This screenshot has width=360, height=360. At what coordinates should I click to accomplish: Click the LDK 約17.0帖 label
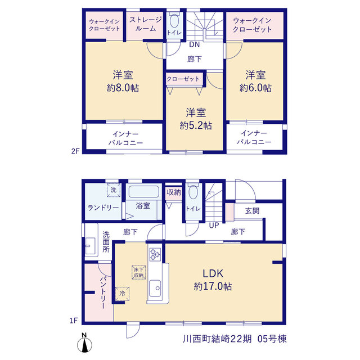[213, 280]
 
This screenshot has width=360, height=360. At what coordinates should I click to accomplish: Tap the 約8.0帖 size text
[123, 88]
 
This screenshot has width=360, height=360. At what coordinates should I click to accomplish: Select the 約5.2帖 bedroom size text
[196, 125]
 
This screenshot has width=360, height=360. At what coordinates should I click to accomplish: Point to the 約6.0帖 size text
[255, 88]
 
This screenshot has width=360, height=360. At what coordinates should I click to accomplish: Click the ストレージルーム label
[146, 24]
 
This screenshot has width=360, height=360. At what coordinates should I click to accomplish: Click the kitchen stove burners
[155, 254]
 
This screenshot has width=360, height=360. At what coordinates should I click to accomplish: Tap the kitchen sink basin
[155, 289]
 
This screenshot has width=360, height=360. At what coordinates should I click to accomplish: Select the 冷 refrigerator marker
[123, 294]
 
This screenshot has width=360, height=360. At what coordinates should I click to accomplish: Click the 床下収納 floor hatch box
[139, 272]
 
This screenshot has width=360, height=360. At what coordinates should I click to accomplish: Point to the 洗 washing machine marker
[114, 190]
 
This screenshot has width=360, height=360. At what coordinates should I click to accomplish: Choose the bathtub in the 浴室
[144, 191]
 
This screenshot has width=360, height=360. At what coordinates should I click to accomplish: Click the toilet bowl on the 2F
[174, 21]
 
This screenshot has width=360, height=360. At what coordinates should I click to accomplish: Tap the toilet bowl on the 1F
[193, 192]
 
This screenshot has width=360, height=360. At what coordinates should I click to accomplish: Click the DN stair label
[194, 44]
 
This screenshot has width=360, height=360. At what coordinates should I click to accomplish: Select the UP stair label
[214, 226]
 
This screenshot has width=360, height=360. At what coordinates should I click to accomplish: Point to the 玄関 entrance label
[252, 210]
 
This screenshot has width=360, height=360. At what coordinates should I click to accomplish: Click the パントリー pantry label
[103, 292]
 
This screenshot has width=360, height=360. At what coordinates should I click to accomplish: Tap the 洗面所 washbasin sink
[90, 246]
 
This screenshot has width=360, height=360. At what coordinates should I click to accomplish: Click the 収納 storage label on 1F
[174, 192]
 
